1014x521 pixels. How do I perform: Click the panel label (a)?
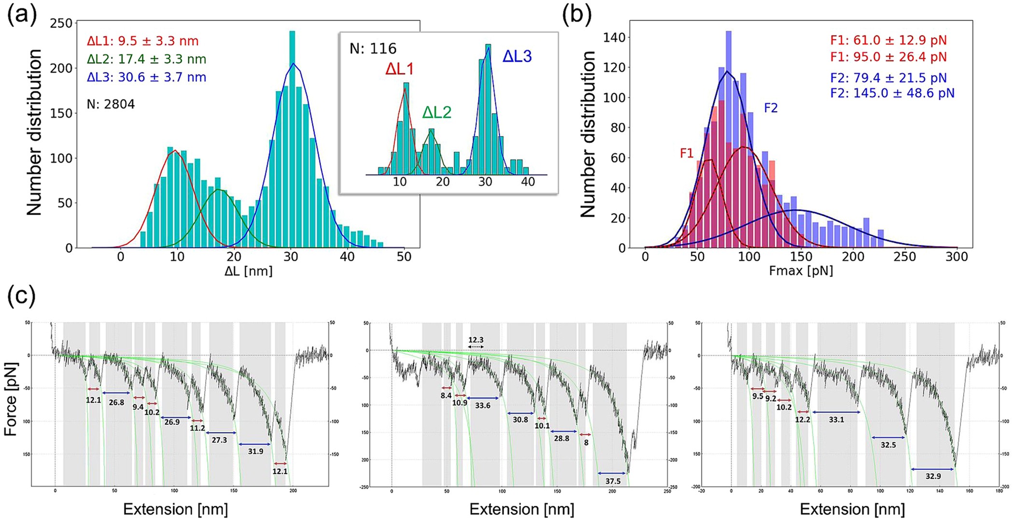click(x=22, y=15)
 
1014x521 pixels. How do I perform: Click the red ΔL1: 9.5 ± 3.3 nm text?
click(x=142, y=41)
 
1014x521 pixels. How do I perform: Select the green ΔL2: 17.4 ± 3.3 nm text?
click(x=146, y=59)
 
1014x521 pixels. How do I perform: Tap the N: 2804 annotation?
click(x=111, y=104)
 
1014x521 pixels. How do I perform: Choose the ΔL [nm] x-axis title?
click(x=248, y=271)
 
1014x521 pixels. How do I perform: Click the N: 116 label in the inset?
click(x=373, y=49)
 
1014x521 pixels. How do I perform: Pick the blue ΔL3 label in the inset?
click(x=517, y=57)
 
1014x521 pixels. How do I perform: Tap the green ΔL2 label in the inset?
click(x=437, y=113)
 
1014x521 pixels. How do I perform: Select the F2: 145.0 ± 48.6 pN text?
click(x=892, y=93)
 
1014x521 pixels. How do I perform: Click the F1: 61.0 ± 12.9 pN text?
click(x=888, y=40)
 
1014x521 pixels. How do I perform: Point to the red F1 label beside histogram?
click(x=686, y=153)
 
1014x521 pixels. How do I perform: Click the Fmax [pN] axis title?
click(x=801, y=271)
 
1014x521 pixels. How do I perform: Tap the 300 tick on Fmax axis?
click(x=957, y=257)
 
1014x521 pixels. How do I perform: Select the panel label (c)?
click(x=21, y=296)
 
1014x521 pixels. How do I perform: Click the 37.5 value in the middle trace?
click(x=613, y=481)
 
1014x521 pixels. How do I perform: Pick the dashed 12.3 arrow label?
click(x=476, y=340)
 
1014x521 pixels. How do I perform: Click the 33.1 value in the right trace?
click(x=836, y=420)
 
